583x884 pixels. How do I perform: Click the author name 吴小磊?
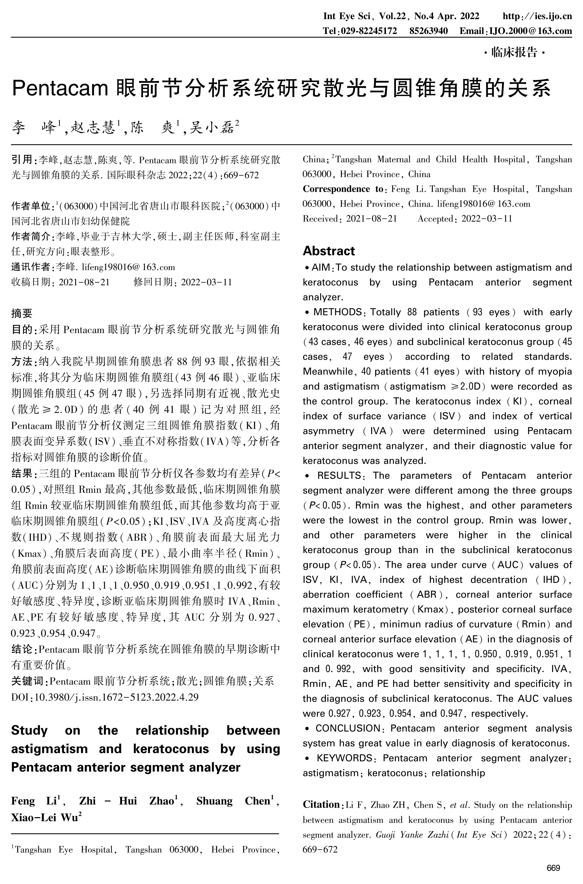point(212,128)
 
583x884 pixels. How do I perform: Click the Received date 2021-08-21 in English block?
point(371,219)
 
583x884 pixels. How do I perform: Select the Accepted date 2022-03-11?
point(487,219)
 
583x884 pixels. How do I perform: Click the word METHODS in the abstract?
point(338,312)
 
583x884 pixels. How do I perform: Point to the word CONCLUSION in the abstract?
point(348,728)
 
